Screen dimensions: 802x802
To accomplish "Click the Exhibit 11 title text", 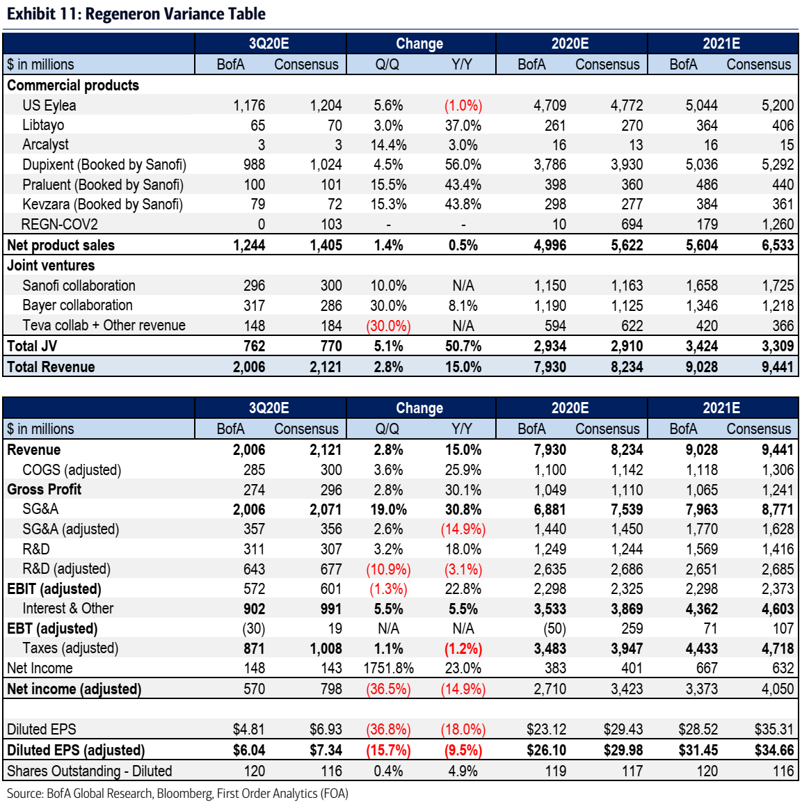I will coord(136,14).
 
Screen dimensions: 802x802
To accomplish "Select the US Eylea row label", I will coord(49,106).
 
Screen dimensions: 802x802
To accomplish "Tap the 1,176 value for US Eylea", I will coord(249,106).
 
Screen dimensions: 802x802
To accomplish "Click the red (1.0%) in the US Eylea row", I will coord(463,106).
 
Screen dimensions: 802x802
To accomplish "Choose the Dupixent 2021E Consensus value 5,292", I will coord(777,165).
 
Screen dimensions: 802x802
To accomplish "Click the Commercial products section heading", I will coord(73,86).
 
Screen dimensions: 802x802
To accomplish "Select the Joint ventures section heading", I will coord(51,266).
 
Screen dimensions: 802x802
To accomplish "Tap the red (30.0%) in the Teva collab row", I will coord(388,326).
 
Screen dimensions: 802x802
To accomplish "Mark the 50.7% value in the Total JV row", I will coord(463,346).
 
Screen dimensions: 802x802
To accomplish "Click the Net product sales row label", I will coord(61,246).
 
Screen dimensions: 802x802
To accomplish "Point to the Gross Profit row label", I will coord(44,490).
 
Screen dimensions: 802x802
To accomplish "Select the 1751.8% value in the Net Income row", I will coord(388,668).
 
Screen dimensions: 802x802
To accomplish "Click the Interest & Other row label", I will coord(67,609).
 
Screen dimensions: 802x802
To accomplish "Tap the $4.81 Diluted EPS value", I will coord(248,730).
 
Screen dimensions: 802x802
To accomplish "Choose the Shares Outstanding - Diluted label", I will coord(89,771).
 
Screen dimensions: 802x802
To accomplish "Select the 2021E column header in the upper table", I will coord(721,44).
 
